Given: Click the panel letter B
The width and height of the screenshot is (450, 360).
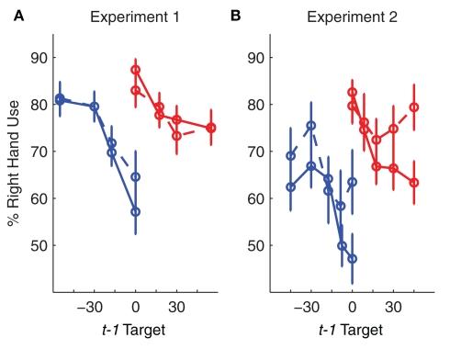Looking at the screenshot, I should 234,16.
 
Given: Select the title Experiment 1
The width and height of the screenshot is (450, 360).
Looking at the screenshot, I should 134,16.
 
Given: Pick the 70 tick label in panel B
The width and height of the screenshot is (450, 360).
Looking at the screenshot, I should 256,152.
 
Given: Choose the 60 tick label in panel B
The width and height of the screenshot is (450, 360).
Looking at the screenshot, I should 256,199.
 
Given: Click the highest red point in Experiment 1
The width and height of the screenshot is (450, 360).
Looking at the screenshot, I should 135,70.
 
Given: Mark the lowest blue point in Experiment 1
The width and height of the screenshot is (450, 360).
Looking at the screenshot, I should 135,211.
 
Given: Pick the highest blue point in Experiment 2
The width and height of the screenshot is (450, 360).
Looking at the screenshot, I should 311,126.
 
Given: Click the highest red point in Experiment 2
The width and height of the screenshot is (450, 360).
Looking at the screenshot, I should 353,92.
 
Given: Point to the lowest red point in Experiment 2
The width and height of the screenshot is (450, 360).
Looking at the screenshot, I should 414,183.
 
